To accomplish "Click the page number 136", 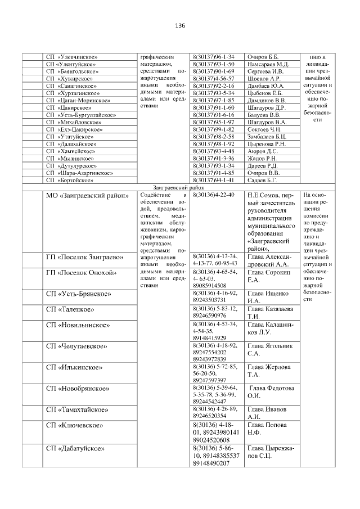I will coord(180,26).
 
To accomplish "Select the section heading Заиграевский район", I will coord(180,187).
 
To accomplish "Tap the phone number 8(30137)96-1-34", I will coord(213,57).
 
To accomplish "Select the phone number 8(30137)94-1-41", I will coord(213,181).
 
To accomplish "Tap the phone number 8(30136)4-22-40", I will coord(213,195).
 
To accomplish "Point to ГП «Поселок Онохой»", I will coord(81,273).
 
